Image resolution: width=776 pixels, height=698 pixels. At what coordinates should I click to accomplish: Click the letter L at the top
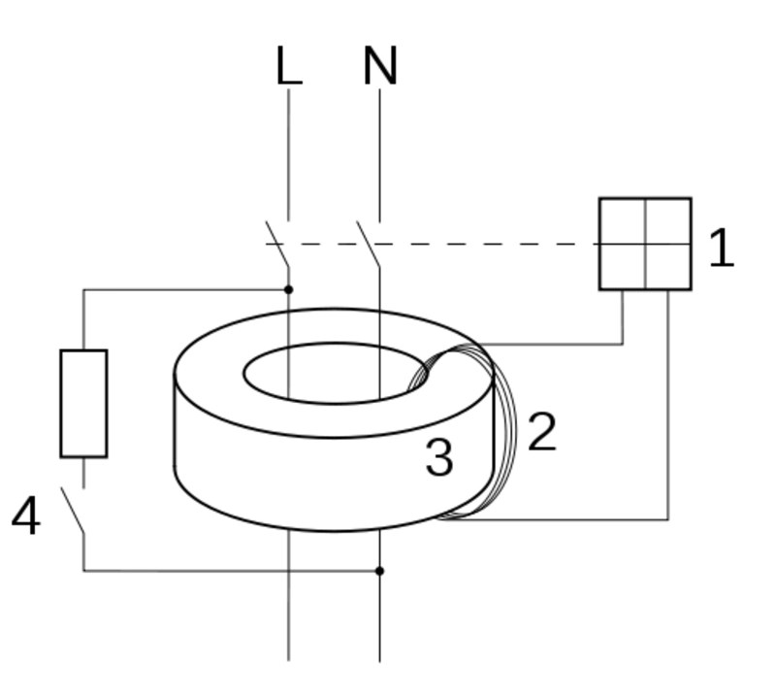click(288, 67)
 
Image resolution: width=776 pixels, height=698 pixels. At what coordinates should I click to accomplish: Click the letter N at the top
click(380, 67)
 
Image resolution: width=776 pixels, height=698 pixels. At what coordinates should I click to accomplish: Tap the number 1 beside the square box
click(721, 249)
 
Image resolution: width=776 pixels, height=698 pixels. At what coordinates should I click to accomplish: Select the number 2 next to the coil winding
click(542, 432)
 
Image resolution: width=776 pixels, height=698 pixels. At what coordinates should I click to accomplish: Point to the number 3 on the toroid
click(439, 457)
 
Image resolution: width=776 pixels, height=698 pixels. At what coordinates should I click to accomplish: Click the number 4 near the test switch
click(26, 516)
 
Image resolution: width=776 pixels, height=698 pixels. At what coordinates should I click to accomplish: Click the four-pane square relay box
click(645, 244)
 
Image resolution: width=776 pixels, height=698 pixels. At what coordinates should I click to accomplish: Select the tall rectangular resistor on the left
click(83, 403)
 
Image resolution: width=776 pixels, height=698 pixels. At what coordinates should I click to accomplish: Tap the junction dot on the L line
click(288, 289)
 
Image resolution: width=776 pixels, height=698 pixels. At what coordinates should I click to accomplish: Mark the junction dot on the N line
click(379, 571)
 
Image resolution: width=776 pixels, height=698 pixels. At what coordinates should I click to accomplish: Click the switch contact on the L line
click(277, 244)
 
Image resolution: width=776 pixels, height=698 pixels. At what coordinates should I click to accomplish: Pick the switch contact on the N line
click(368, 244)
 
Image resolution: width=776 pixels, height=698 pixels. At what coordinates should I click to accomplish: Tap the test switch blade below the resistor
click(73, 511)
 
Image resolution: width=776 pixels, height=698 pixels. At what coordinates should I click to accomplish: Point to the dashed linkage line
click(485, 244)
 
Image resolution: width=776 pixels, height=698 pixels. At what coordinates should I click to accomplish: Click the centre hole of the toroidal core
click(330, 372)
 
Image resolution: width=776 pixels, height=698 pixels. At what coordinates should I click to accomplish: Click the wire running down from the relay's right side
click(668, 408)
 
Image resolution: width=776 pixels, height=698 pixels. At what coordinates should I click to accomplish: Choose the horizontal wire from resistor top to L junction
click(184, 289)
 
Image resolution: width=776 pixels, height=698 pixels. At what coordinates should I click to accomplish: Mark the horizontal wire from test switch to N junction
click(233, 571)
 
